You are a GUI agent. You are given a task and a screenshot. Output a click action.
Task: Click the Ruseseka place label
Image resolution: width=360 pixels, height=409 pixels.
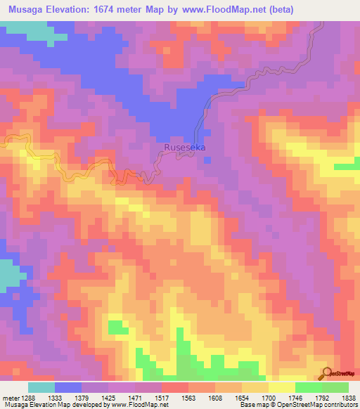[x=185, y=148]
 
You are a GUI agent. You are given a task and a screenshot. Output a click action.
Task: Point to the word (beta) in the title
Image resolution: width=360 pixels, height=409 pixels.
[x=278, y=9]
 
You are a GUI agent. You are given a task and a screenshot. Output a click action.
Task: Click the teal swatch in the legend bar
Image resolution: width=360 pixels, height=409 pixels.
[x=41, y=387]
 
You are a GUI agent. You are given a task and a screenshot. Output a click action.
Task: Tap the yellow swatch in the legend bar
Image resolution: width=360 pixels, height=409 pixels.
[x=281, y=387]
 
